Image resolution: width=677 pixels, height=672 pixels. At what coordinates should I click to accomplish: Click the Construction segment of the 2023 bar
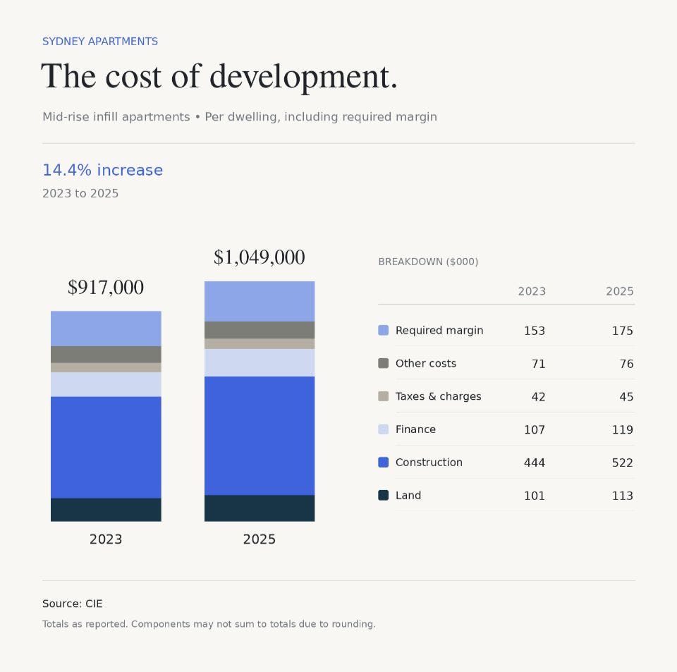(106, 447)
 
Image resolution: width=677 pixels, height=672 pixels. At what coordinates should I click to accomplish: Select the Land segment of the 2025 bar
(260, 508)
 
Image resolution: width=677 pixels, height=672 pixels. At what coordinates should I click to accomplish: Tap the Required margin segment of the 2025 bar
(260, 301)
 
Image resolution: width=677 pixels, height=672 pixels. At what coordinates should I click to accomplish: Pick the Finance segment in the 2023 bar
(106, 384)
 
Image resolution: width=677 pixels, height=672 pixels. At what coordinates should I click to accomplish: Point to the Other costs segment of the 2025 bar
(260, 330)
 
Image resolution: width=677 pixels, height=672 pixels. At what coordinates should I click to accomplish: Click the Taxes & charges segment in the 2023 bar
(106, 367)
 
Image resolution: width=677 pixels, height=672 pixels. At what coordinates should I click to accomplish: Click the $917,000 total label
(106, 288)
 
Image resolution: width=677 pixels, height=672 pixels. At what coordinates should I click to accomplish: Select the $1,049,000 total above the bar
(260, 257)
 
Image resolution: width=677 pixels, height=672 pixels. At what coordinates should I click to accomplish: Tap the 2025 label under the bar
(259, 539)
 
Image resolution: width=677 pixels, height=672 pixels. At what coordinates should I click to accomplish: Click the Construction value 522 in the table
(622, 463)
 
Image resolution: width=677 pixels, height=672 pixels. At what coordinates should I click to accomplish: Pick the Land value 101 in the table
(535, 496)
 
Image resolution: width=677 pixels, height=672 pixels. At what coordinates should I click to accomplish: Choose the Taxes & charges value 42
(538, 396)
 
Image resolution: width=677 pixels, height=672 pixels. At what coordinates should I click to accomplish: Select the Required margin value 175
(622, 331)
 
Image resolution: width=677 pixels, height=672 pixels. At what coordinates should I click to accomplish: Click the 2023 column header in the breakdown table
(532, 291)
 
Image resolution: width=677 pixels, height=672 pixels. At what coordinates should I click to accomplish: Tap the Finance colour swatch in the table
(384, 429)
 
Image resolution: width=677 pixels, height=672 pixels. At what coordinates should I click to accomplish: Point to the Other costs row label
(426, 363)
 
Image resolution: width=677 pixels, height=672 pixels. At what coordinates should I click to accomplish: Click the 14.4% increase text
(103, 170)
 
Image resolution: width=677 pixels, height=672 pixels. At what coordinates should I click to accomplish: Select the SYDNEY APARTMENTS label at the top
(100, 42)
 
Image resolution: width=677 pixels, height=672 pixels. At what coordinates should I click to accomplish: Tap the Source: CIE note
(73, 604)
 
